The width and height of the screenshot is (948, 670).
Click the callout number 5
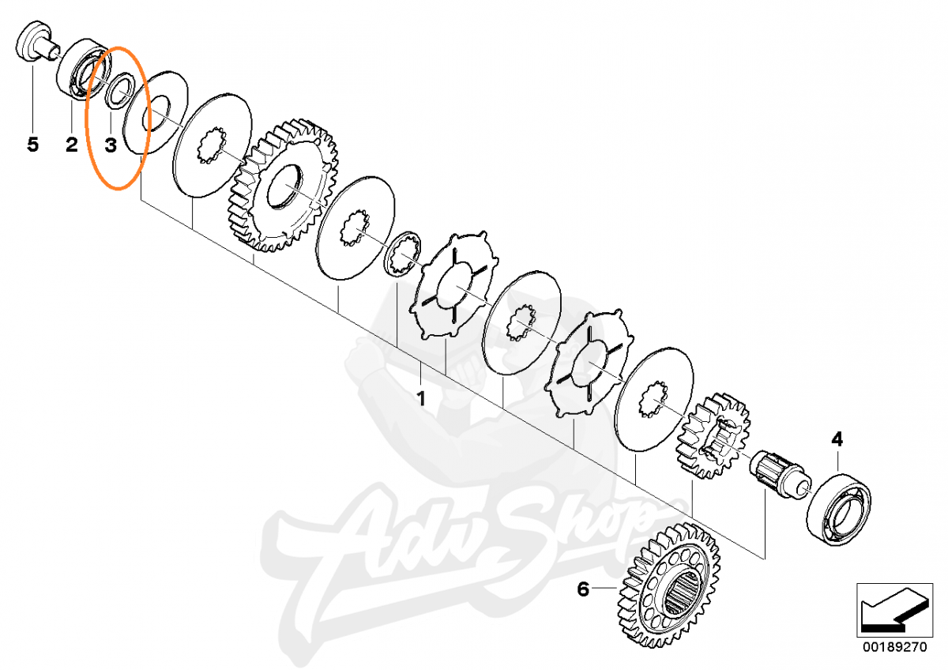click(x=32, y=145)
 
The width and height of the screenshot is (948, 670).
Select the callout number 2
click(x=72, y=145)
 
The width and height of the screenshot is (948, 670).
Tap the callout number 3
click(x=111, y=145)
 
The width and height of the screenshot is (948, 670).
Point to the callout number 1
click(x=421, y=399)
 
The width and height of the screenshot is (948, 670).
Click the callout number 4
click(x=837, y=440)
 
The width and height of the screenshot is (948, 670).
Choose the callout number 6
click(x=583, y=589)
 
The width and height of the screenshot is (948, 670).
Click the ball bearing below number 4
click(x=838, y=510)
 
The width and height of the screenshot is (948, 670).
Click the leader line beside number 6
click(x=604, y=588)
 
